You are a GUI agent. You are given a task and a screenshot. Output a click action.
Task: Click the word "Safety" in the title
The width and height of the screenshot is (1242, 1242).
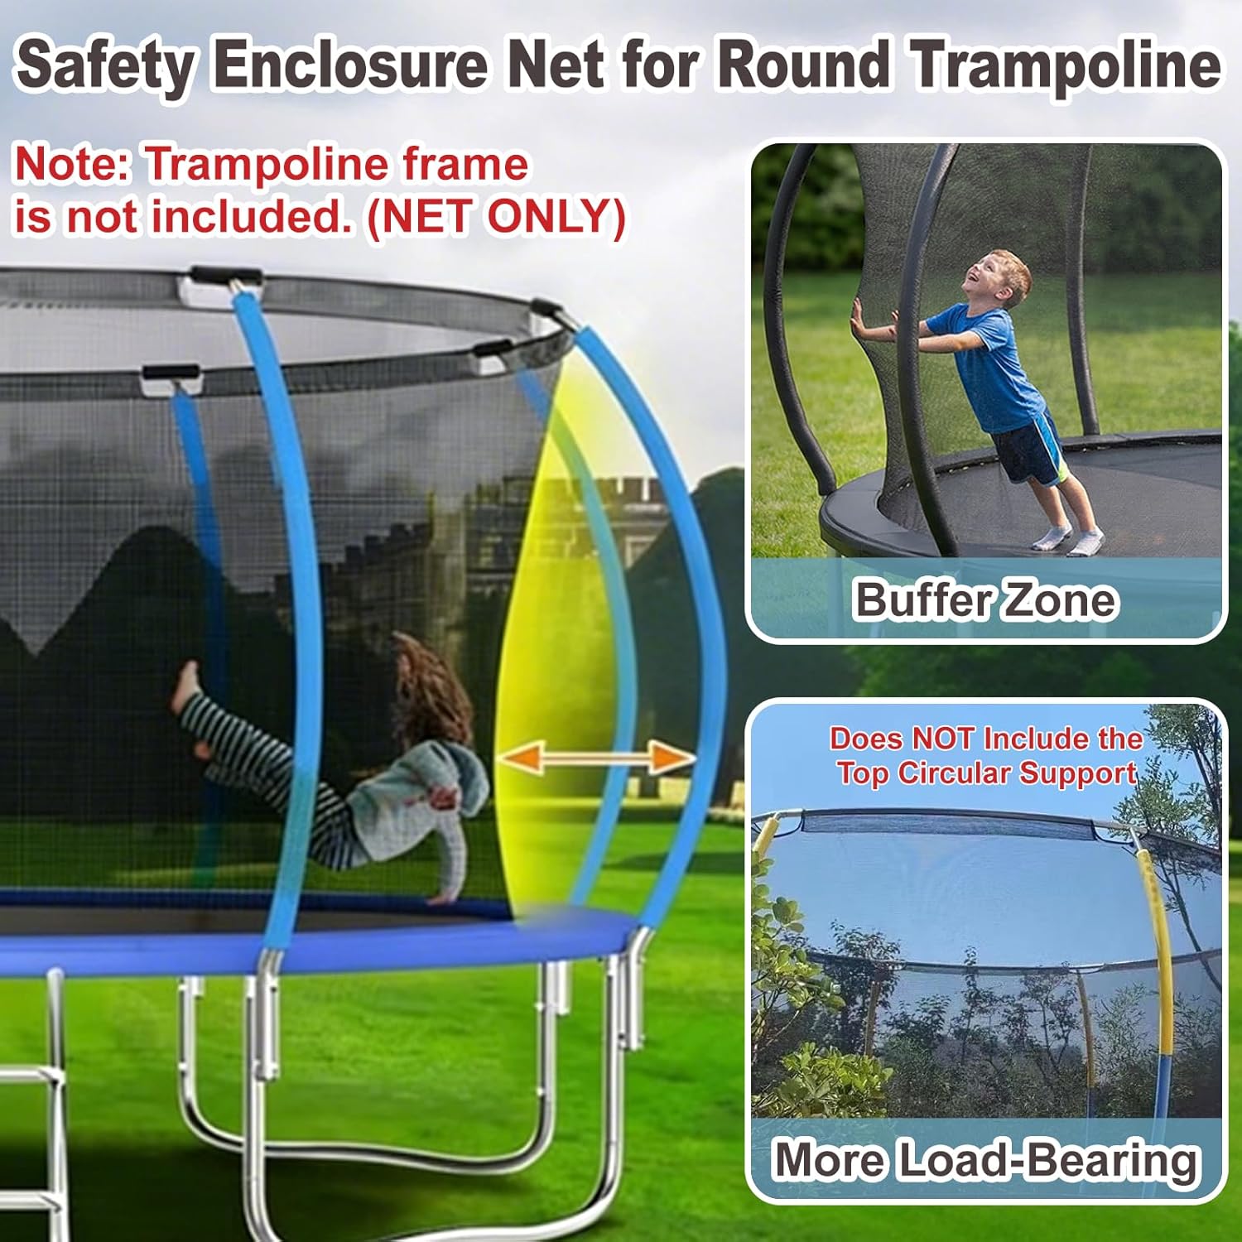(105, 65)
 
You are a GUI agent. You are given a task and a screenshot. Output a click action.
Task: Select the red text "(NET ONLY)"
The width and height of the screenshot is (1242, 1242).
(495, 217)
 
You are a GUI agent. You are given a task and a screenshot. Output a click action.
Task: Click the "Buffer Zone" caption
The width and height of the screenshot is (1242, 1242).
(984, 599)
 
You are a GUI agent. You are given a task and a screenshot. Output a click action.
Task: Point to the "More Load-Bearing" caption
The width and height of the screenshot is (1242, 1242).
(985, 1159)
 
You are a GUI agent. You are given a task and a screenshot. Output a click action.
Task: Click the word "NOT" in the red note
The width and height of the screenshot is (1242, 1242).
(945, 738)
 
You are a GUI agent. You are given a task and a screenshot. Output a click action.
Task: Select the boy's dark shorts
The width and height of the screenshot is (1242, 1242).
(1027, 451)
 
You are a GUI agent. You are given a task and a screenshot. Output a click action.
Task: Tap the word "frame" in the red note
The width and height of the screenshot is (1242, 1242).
(465, 164)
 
